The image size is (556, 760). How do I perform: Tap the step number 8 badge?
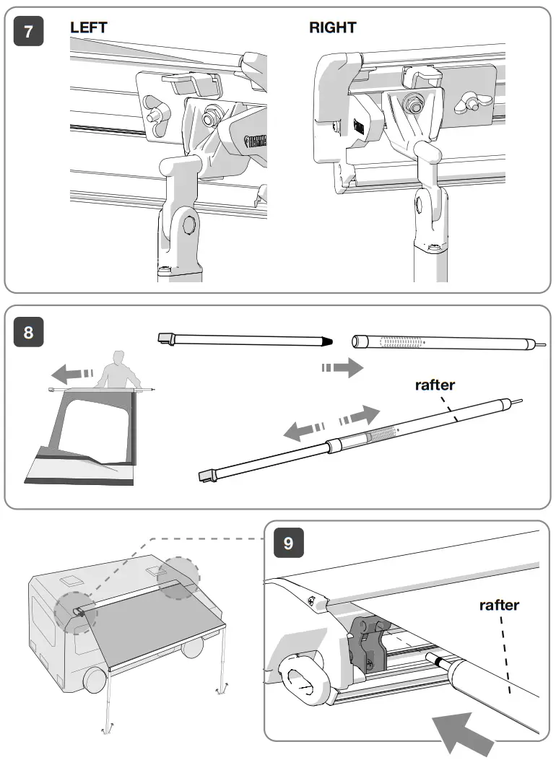29,332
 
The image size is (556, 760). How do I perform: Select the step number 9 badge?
288,543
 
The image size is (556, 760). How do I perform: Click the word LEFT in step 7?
89,27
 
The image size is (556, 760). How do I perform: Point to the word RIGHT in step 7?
332,27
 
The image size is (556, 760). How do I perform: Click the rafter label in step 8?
435,385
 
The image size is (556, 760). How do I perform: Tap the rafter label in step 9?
499,605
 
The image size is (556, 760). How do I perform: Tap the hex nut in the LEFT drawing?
214,114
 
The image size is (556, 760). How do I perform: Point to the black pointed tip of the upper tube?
326,338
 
